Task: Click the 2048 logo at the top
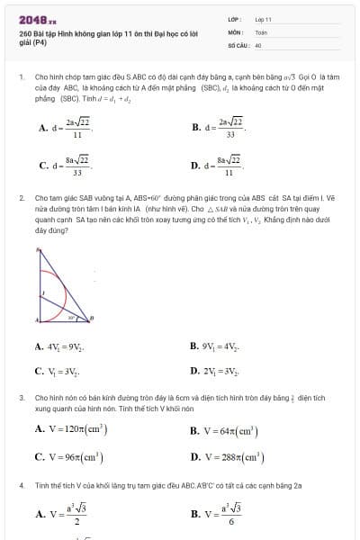[37, 18]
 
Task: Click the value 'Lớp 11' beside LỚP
[263, 18]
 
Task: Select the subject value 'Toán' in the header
[261, 31]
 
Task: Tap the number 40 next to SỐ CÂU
[258, 43]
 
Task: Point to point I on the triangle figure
[41, 292]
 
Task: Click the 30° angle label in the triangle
[72, 317]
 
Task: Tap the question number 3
[21, 396]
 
